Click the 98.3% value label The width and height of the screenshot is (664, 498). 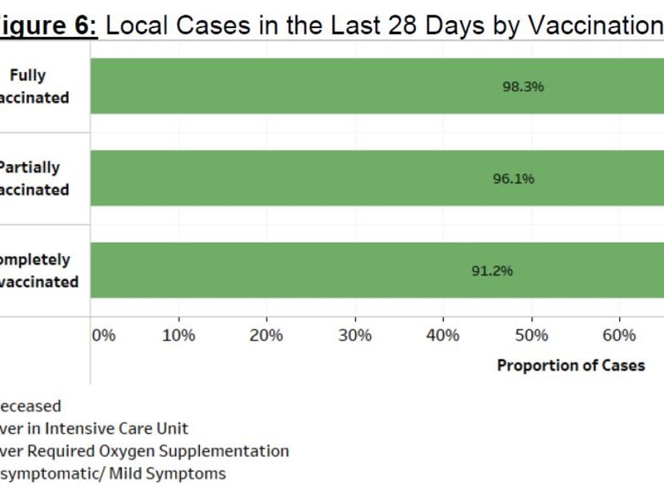(x=522, y=86)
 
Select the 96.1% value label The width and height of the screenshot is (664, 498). (x=513, y=179)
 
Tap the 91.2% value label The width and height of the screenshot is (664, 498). (x=491, y=271)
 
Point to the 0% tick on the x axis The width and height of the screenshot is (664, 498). (x=104, y=335)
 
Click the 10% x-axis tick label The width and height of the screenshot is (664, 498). (x=178, y=335)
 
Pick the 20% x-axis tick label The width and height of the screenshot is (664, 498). (x=266, y=335)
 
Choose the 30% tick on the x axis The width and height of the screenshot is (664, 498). (x=354, y=335)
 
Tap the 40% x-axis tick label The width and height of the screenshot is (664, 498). (x=442, y=335)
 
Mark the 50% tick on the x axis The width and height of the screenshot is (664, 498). (x=530, y=335)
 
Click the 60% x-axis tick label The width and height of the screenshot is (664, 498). (x=618, y=335)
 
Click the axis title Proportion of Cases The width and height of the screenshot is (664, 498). (x=570, y=366)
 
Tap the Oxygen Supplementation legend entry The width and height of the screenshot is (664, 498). (x=144, y=451)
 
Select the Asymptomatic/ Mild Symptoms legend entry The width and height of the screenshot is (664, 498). (x=112, y=473)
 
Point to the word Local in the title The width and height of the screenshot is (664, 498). (x=136, y=26)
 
